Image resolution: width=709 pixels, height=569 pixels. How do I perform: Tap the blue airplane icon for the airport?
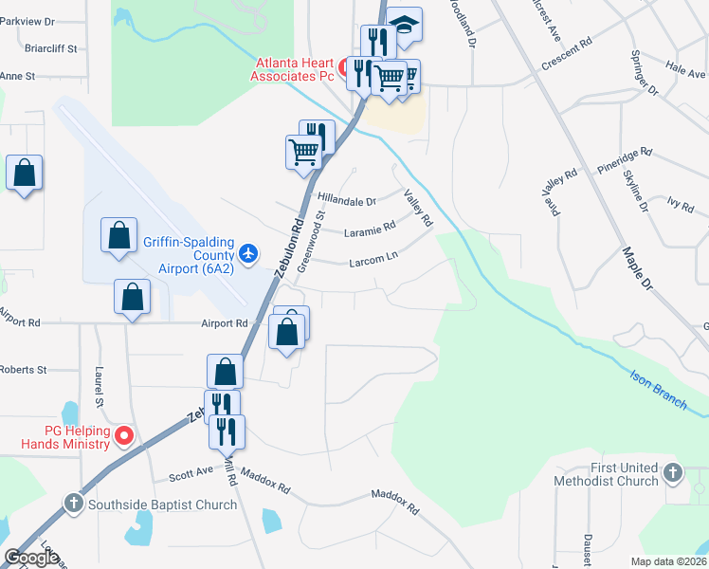pos(249,253)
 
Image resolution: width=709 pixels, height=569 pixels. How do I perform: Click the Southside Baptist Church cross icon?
pos(74,505)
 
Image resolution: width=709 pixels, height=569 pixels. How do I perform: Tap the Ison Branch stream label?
pos(659,389)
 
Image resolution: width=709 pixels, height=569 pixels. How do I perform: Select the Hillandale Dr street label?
pos(347,201)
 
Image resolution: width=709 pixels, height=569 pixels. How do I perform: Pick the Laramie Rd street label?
pos(370,229)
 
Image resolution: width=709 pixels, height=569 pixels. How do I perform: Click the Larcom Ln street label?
pos(373,257)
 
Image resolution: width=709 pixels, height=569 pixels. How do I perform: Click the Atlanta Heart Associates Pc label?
pos(294,69)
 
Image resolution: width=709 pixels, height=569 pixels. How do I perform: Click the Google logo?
pos(31,558)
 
